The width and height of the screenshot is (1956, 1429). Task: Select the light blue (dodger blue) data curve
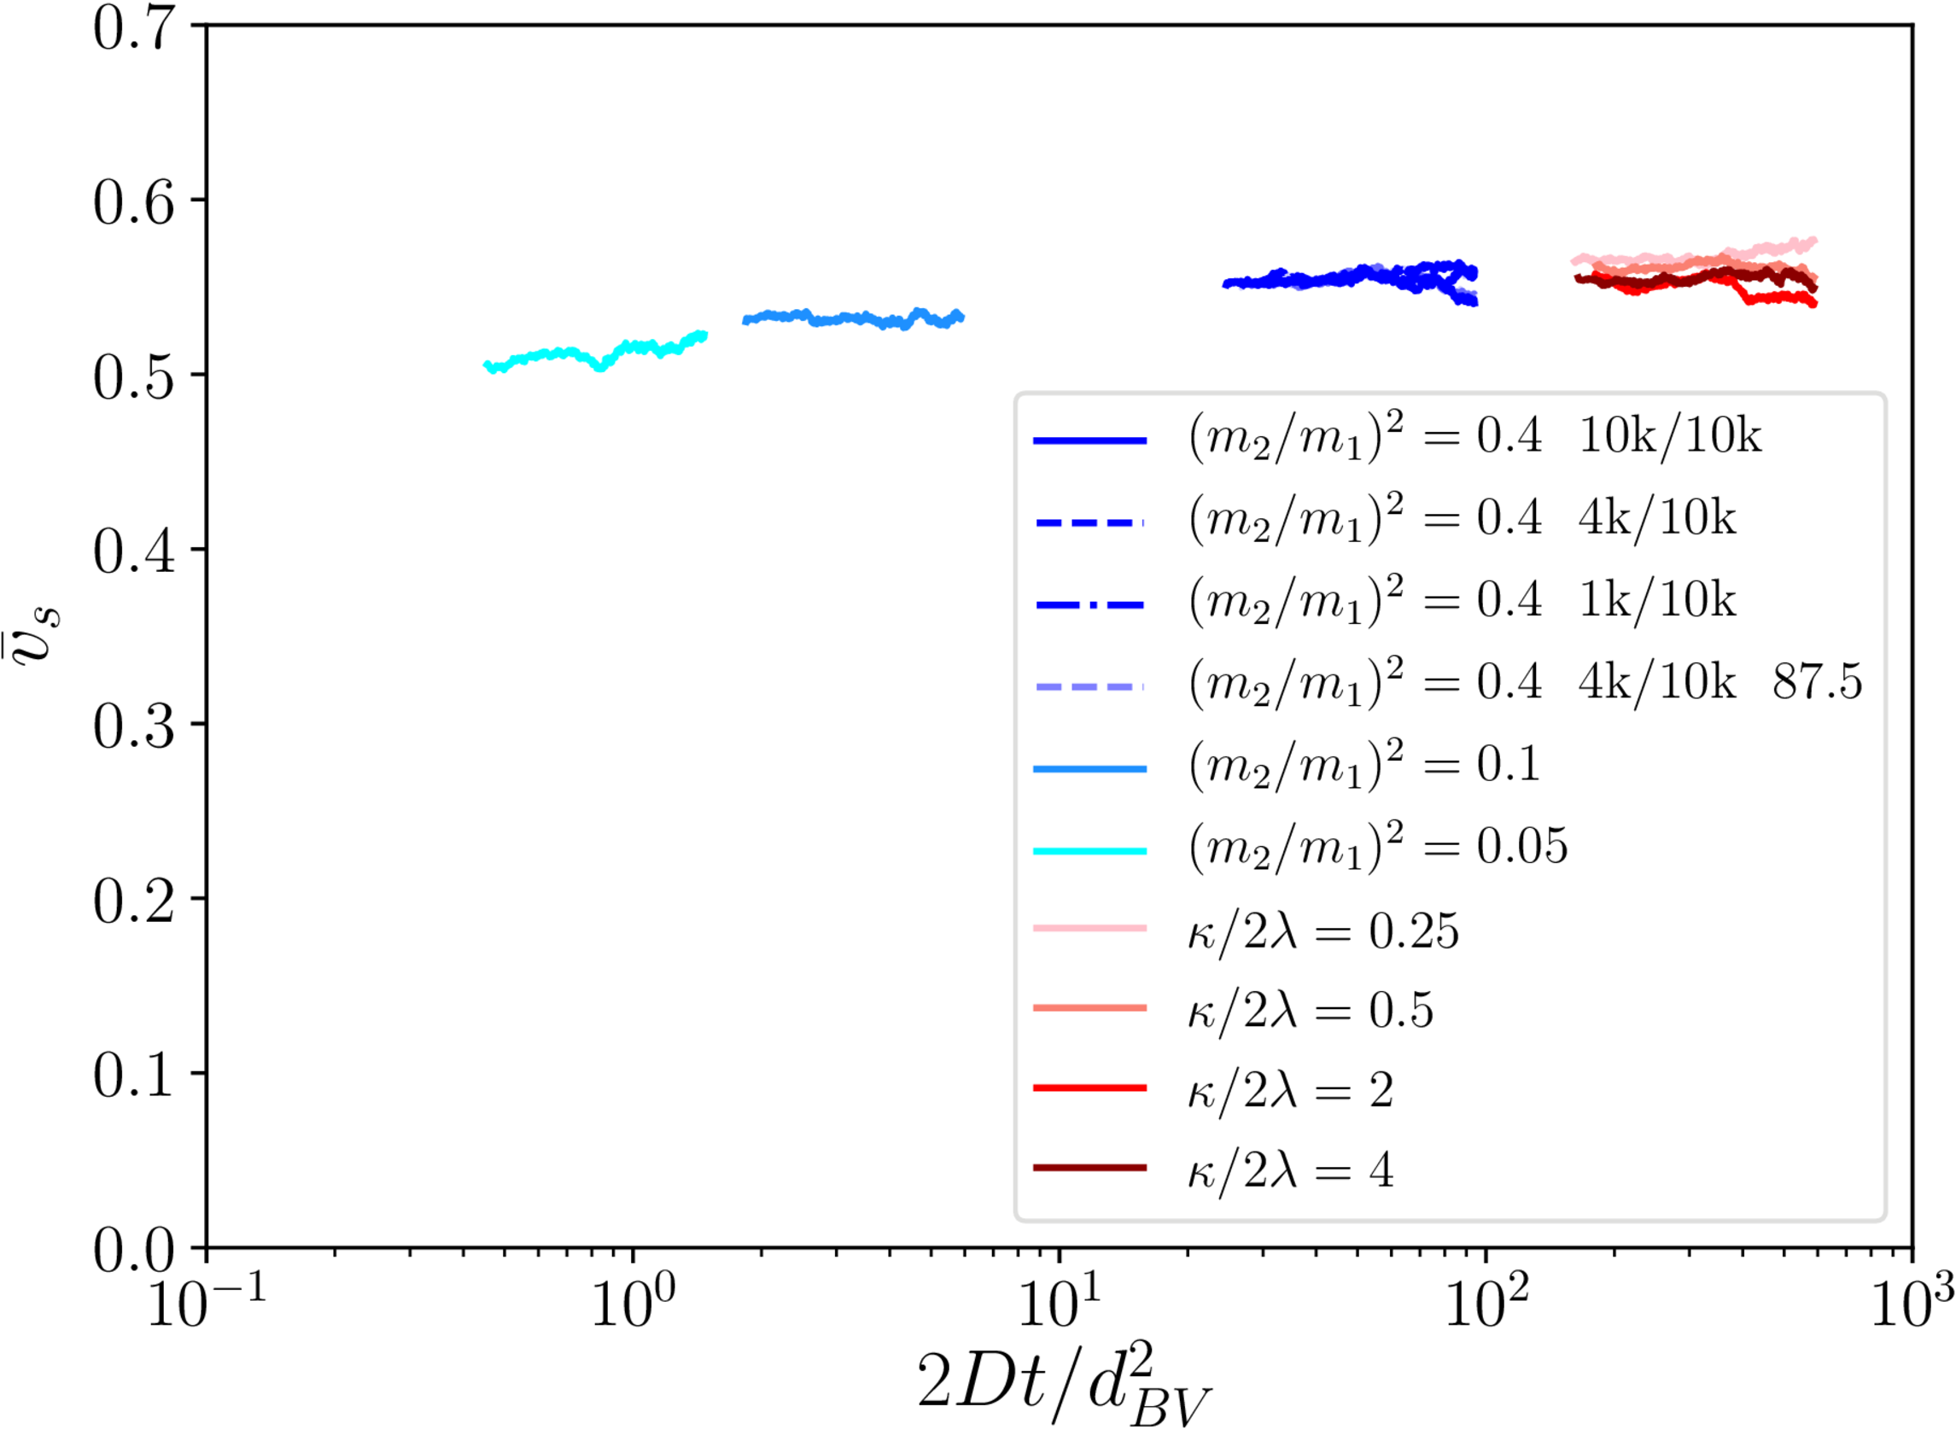[x=852, y=319]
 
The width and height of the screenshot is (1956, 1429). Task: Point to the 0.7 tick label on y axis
[x=133, y=27]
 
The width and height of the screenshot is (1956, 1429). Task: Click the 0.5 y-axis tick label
[x=133, y=377]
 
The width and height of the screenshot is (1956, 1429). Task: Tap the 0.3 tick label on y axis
[x=133, y=726]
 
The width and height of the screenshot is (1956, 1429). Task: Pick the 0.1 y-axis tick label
[x=133, y=1076]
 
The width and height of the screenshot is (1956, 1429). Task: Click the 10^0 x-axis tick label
[x=634, y=1302]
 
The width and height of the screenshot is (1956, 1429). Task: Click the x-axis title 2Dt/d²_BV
[x=1064, y=1384]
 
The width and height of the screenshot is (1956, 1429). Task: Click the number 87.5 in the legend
[x=1817, y=683]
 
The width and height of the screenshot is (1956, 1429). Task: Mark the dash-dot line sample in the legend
[x=1090, y=604]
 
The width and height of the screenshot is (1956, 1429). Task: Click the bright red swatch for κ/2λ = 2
[x=1090, y=1088]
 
